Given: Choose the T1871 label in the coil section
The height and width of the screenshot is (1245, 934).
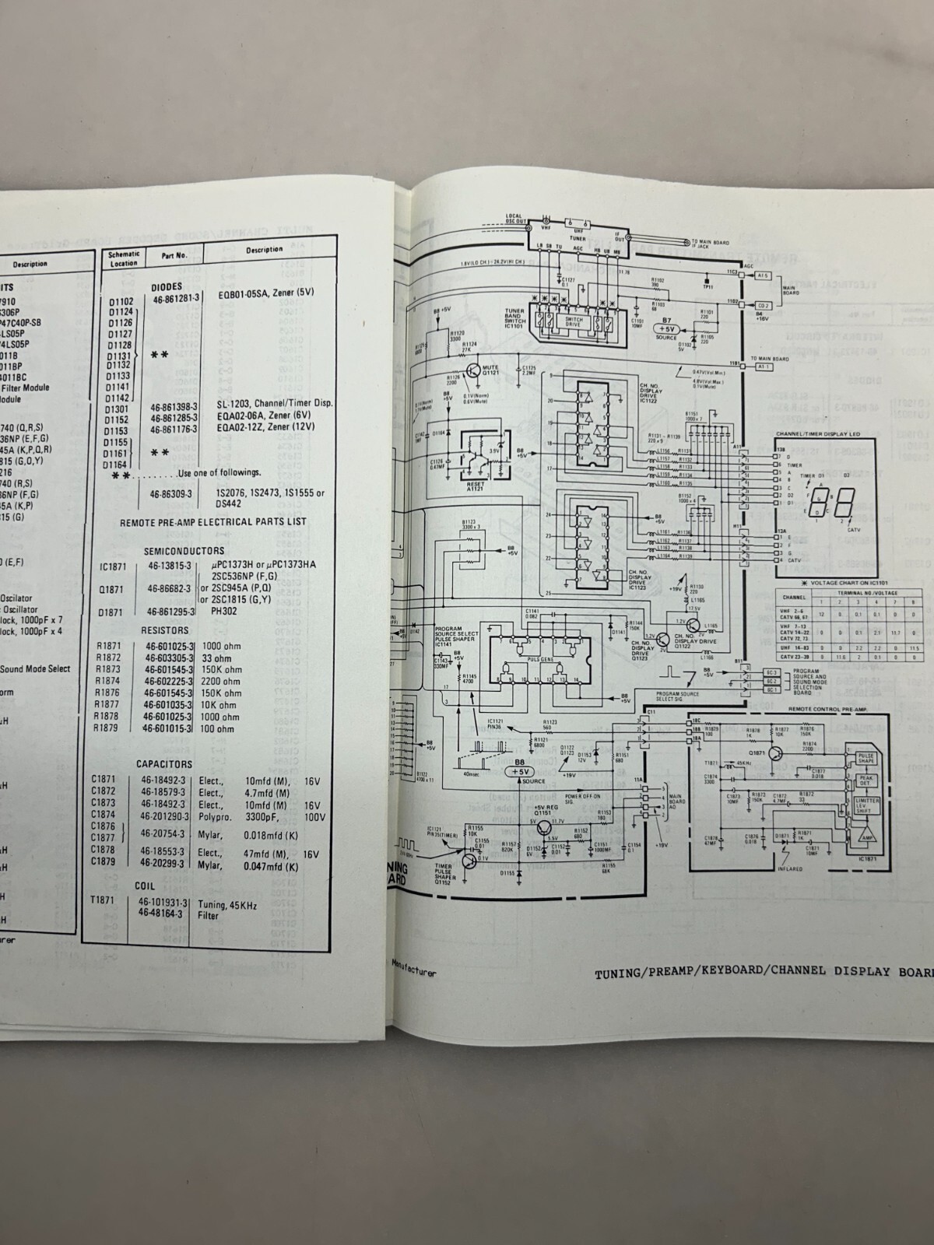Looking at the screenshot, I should (104, 899).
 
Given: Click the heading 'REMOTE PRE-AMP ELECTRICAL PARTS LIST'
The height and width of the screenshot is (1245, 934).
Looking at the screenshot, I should (213, 522).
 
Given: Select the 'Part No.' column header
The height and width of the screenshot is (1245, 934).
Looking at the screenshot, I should (174, 254).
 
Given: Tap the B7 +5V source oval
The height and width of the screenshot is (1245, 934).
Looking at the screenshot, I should (665, 329).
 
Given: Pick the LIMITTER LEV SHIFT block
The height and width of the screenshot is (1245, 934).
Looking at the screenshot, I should (866, 805).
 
